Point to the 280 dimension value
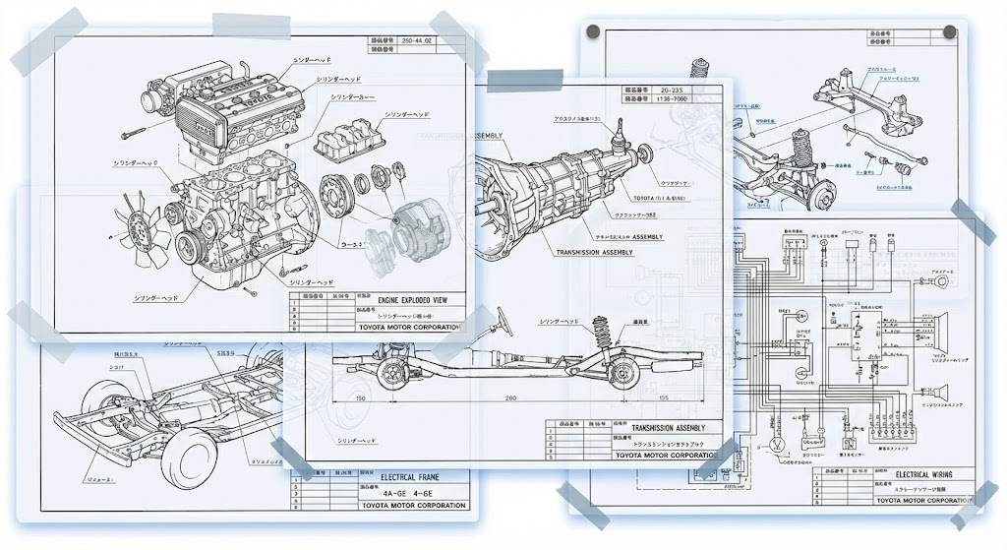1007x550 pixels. tap(510, 398)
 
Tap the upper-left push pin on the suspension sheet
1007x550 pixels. tap(593, 32)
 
